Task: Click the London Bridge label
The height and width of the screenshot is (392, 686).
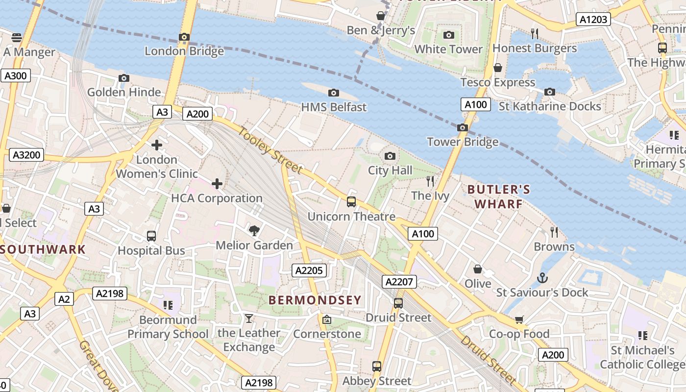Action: (184, 51)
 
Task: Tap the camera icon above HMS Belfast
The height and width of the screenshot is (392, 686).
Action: (334, 93)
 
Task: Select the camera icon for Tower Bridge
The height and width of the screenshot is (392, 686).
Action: (462, 128)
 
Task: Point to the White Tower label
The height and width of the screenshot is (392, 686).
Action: (448, 49)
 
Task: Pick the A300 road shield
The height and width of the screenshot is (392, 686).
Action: (16, 75)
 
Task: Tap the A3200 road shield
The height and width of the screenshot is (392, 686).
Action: (26, 155)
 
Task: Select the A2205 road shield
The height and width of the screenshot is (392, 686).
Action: (309, 270)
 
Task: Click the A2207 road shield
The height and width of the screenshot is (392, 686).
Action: (400, 282)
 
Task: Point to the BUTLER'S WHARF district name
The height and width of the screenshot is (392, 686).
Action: (498, 196)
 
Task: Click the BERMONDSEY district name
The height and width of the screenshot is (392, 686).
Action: (315, 300)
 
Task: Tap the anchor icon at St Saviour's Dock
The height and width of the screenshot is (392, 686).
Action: (542, 278)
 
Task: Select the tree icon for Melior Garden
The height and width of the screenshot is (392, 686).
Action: (254, 231)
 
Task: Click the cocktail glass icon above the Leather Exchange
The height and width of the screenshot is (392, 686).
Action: (249, 319)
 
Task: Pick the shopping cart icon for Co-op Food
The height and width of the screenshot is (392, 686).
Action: (519, 319)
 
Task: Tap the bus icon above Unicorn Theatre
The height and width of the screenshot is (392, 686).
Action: (351, 202)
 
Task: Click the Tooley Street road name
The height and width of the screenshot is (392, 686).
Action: (270, 150)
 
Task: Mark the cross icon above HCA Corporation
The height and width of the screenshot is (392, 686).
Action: (217, 184)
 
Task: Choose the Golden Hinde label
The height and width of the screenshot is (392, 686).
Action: (124, 92)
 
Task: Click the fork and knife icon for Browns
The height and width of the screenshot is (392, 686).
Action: (554, 232)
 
